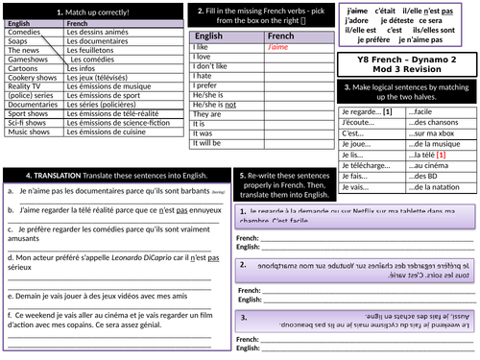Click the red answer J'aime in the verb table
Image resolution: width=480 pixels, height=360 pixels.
tap(278, 46)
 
